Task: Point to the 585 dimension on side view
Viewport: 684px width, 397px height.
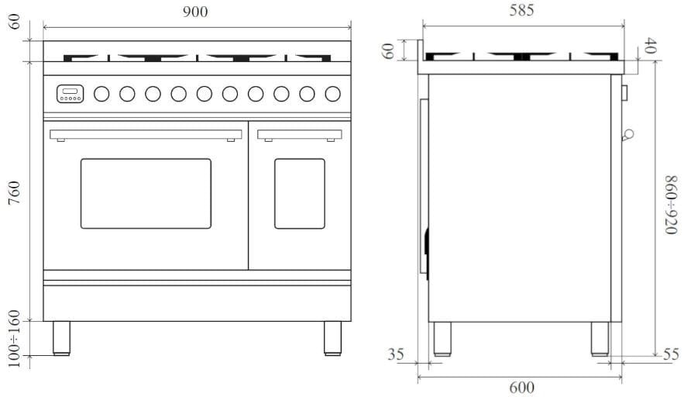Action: tap(521, 11)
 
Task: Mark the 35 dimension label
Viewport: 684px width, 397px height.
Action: tap(396, 355)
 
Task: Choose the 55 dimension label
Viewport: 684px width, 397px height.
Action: tap(671, 354)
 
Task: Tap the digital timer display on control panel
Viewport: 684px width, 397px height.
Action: tap(70, 94)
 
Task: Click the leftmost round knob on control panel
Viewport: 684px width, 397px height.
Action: tap(101, 94)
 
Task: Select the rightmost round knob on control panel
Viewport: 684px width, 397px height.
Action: tap(332, 94)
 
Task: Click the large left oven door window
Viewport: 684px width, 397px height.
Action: tap(146, 193)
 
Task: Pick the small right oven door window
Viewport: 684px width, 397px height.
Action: tap(299, 193)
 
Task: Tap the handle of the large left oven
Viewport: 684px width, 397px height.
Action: tap(145, 134)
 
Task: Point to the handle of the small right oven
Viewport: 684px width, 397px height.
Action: tap(299, 134)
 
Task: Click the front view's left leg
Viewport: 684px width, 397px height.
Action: tap(61, 338)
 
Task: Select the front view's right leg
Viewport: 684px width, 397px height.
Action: tap(332, 338)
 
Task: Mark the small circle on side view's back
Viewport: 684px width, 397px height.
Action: tap(627, 134)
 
